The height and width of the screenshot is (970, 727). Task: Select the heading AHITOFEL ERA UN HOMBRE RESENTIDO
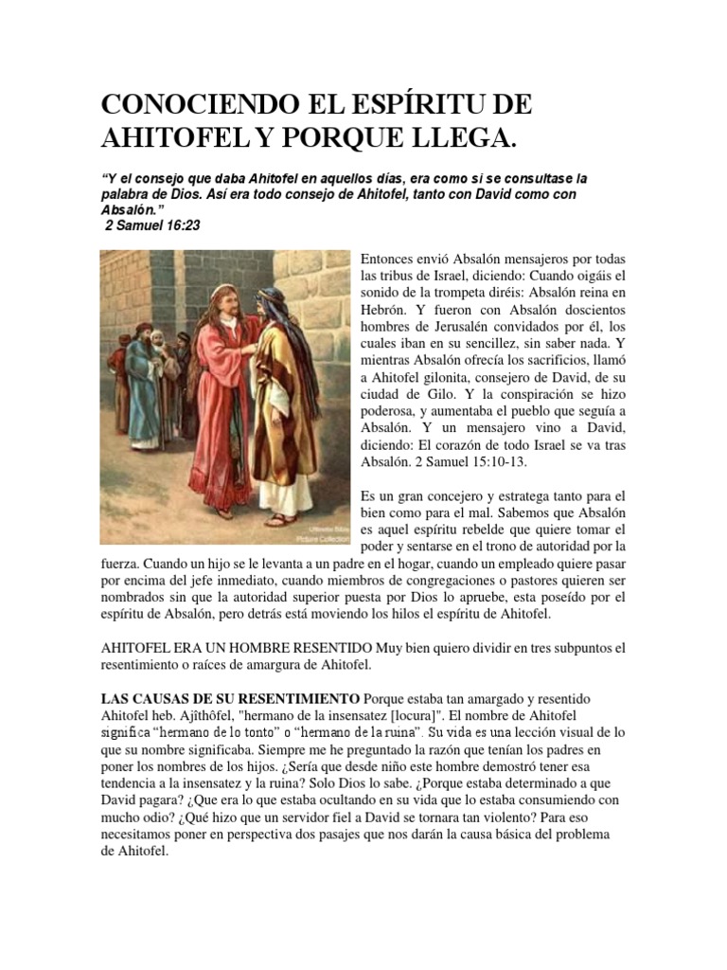pos(236,649)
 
